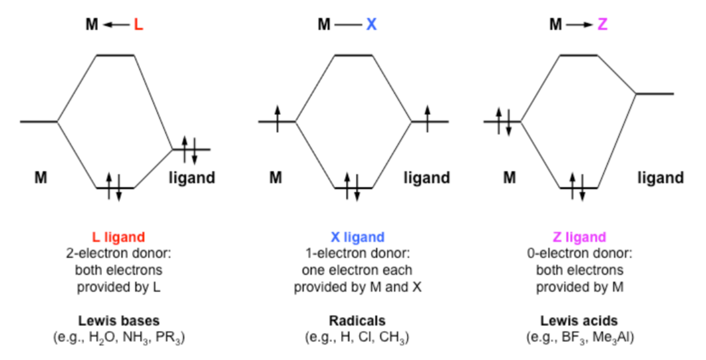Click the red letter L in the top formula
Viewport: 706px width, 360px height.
click(x=138, y=24)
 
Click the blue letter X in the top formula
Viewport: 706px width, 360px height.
click(x=371, y=24)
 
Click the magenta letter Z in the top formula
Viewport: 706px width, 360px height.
click(x=602, y=24)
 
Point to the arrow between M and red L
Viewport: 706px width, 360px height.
click(x=116, y=25)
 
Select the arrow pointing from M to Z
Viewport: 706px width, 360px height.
click(x=579, y=25)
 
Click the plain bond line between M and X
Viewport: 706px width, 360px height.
click(x=348, y=25)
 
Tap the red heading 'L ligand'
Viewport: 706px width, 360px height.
click(x=118, y=237)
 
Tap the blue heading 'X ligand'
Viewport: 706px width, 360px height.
click(x=357, y=237)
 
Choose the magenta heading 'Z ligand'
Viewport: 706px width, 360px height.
click(x=579, y=237)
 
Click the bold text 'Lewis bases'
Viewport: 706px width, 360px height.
click(x=119, y=321)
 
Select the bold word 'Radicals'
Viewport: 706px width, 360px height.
click(x=357, y=321)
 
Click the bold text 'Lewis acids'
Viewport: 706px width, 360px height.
click(x=579, y=321)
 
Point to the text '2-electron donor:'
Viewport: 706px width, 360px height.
click(x=118, y=253)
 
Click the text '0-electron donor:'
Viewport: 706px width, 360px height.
click(x=580, y=253)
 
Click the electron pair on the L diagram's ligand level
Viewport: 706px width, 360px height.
click(x=190, y=150)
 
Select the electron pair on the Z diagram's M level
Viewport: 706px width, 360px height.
click(x=504, y=122)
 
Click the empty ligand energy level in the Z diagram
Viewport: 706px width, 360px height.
click(x=655, y=94)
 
